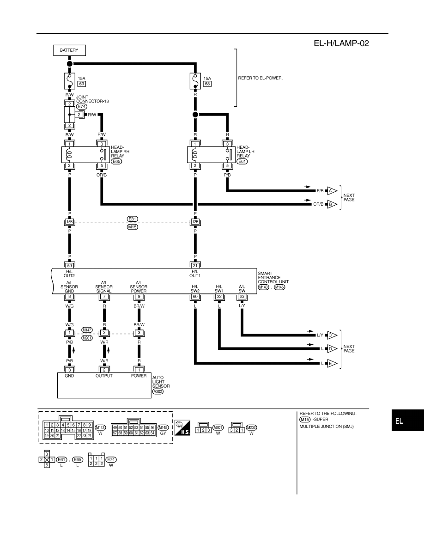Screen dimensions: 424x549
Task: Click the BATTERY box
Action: (x=69, y=50)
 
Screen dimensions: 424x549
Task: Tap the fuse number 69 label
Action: (x=81, y=84)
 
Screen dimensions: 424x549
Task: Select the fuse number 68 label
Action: (x=207, y=84)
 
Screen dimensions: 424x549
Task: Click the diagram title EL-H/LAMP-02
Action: (x=341, y=43)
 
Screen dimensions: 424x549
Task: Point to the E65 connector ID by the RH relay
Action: (x=116, y=161)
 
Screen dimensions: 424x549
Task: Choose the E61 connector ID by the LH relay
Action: (x=242, y=161)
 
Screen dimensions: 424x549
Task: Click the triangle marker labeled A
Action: (x=332, y=191)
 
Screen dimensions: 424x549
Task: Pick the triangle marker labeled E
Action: (x=332, y=363)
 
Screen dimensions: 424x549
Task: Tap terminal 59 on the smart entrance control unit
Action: (x=70, y=266)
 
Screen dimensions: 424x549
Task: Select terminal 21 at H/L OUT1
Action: (x=195, y=266)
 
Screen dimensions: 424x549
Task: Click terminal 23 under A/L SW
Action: (x=242, y=297)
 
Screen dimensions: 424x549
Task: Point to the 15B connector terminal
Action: (x=70, y=222)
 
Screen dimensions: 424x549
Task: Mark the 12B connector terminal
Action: (x=195, y=222)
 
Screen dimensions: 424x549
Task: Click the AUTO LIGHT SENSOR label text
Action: (x=161, y=382)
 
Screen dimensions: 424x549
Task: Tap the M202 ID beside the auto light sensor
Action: (x=158, y=391)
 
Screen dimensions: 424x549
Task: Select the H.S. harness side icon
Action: (x=182, y=427)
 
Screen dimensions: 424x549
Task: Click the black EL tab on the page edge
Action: (x=407, y=421)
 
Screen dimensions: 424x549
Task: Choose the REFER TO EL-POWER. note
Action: (x=260, y=78)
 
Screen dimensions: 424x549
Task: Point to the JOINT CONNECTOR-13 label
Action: (x=92, y=99)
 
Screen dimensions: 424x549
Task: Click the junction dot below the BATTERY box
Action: (x=70, y=64)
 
